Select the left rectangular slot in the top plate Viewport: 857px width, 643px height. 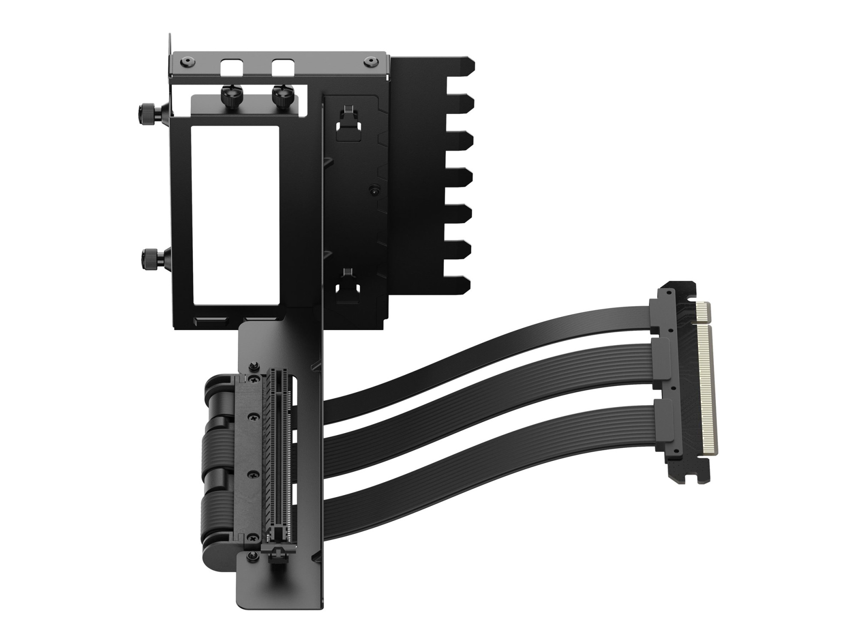(x=231, y=67)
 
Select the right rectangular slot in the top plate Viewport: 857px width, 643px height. (x=282, y=67)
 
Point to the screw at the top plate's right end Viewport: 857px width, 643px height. (x=369, y=61)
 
